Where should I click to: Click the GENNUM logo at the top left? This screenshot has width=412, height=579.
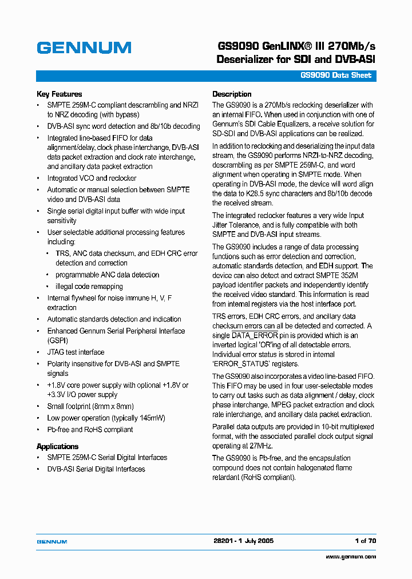coord(84,48)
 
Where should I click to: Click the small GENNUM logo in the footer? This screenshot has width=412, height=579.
coord(52,541)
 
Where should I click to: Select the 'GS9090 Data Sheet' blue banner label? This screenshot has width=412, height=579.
coord(336,76)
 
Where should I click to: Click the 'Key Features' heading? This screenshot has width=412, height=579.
coord(59,94)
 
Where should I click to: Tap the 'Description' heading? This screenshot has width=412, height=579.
coord(232,94)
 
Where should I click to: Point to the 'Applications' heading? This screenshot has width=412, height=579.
coord(57,446)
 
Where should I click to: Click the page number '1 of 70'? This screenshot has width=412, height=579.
coord(366,541)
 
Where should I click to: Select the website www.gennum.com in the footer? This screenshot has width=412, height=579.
coord(351,556)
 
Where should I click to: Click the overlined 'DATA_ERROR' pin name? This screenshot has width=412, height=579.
coord(255,335)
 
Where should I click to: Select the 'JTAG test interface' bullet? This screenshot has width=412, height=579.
coord(76,352)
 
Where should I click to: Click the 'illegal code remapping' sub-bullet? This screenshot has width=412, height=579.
coord(89,287)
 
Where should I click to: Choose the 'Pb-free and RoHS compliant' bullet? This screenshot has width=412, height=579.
coord(90,430)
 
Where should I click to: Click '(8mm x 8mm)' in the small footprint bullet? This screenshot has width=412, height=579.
coord(110,407)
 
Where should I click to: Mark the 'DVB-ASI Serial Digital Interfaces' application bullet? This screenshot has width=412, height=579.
coord(96,469)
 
